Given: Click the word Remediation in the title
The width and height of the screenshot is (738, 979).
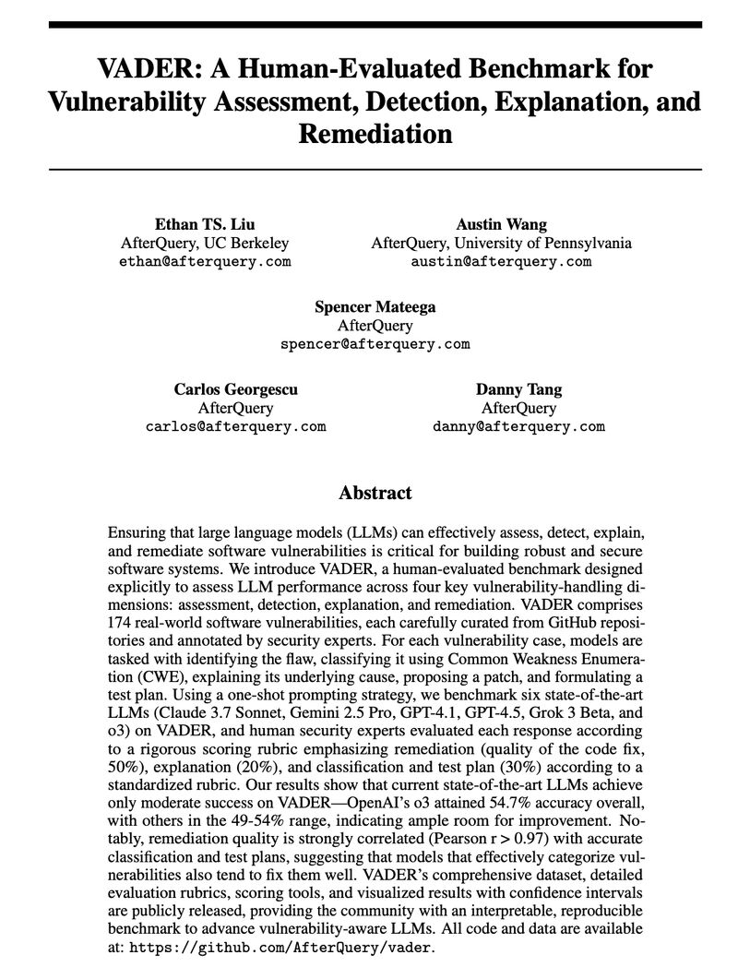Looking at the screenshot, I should (375, 134).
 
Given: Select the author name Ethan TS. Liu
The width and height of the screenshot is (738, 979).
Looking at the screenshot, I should (205, 224).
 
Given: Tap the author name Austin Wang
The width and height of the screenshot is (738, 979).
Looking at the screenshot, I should (501, 224).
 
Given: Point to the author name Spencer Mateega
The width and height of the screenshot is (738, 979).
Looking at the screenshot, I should (375, 306).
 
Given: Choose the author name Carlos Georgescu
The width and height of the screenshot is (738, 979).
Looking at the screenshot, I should (236, 388).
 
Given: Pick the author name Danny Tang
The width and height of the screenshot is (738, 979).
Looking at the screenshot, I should (518, 388).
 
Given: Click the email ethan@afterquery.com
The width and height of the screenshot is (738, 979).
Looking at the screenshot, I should (205, 262).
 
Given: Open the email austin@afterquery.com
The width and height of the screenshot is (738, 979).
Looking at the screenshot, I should (501, 262).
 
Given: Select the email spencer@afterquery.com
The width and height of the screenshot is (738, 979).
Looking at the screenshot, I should (375, 344).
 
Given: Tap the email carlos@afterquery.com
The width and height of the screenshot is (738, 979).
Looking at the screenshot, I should (236, 426).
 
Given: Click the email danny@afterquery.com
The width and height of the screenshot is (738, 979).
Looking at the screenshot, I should (518, 426).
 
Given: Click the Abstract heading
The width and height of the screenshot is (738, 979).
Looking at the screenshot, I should (375, 493).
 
